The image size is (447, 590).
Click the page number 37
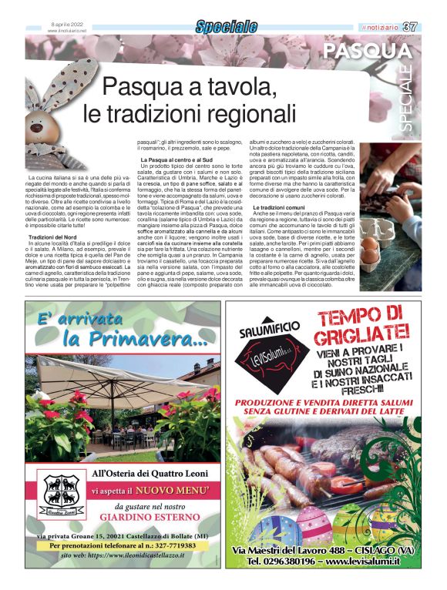point(409,27)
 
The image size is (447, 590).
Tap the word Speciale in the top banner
point(226,27)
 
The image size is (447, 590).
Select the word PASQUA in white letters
point(368,52)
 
